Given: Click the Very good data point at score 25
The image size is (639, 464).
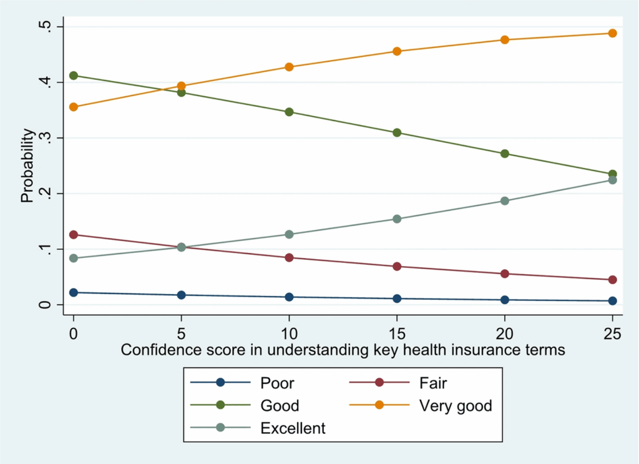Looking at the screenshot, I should [x=612, y=33].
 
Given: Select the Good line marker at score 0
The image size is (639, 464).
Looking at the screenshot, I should [x=74, y=76].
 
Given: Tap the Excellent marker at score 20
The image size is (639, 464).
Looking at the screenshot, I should [x=504, y=201].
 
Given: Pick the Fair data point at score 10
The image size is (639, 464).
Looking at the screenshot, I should [x=289, y=257].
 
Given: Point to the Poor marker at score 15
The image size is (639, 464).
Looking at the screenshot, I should [x=397, y=299].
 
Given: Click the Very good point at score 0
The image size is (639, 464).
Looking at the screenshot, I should [x=74, y=107].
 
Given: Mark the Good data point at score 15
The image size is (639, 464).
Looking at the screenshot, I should [x=397, y=133].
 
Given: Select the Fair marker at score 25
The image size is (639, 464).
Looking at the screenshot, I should [x=612, y=280].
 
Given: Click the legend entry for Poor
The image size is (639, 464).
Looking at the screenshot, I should [x=277, y=383].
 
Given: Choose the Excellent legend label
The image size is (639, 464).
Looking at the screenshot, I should [x=293, y=428].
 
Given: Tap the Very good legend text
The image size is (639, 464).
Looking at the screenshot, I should [x=456, y=406].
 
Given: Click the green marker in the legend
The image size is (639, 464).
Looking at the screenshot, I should [x=220, y=406].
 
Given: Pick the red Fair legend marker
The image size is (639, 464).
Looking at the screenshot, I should [x=378, y=383].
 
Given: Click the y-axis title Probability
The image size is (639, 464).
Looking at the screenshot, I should [x=27, y=165].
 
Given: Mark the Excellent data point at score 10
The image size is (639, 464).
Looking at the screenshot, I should [x=289, y=235].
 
